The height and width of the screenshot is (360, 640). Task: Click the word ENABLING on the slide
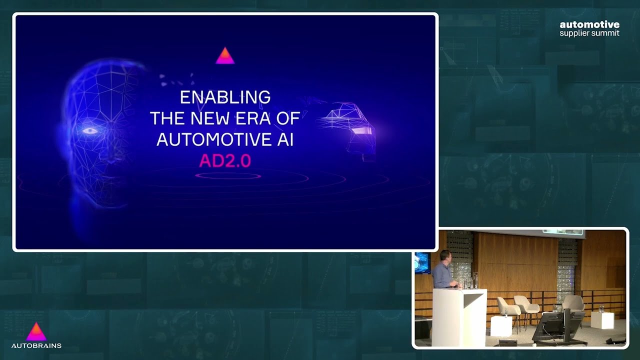click(225, 97)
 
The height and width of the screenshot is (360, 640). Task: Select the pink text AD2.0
click(225, 160)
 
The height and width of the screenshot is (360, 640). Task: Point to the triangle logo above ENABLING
click(225, 56)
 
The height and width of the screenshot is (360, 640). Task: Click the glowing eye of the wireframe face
click(90, 131)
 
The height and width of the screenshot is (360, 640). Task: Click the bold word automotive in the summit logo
click(589, 24)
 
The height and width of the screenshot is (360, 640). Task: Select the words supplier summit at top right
click(589, 33)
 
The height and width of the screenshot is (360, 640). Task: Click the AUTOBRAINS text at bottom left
click(36, 345)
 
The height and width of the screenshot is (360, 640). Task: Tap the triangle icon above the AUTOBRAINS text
click(36, 331)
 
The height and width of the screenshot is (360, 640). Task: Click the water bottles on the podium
click(472, 281)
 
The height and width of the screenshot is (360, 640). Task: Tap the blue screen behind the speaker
click(422, 262)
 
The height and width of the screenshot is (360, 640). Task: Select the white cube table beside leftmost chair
click(500, 325)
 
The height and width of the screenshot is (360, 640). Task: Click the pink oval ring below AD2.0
click(228, 176)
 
